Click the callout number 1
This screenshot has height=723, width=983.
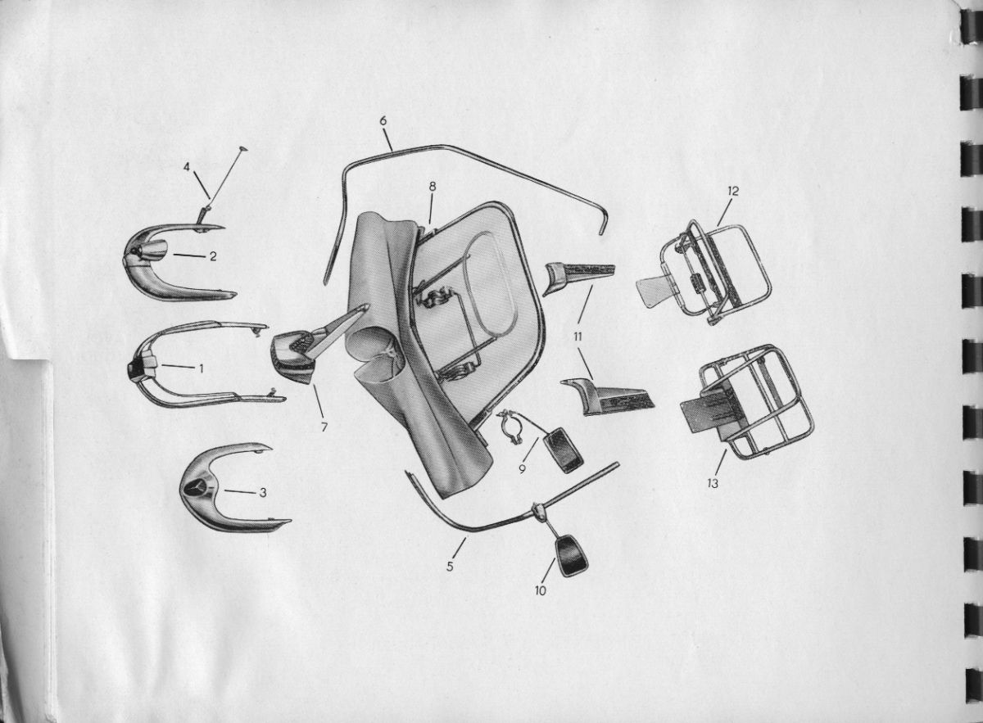(x=201, y=369)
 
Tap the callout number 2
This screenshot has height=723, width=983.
(x=213, y=256)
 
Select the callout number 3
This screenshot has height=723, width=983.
(x=262, y=493)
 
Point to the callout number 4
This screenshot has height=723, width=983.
(x=187, y=167)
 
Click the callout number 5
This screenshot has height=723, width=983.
(x=450, y=567)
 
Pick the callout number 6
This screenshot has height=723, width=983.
(x=383, y=120)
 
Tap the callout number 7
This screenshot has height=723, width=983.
(x=324, y=427)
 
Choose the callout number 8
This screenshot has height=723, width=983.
(x=433, y=187)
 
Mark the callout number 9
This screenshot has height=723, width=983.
(x=523, y=469)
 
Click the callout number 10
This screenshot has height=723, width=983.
(x=540, y=591)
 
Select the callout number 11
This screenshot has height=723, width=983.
(x=577, y=337)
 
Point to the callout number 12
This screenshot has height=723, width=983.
(x=733, y=192)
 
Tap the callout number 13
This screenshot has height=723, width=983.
(x=713, y=483)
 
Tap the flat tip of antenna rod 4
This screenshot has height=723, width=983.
(x=243, y=150)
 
